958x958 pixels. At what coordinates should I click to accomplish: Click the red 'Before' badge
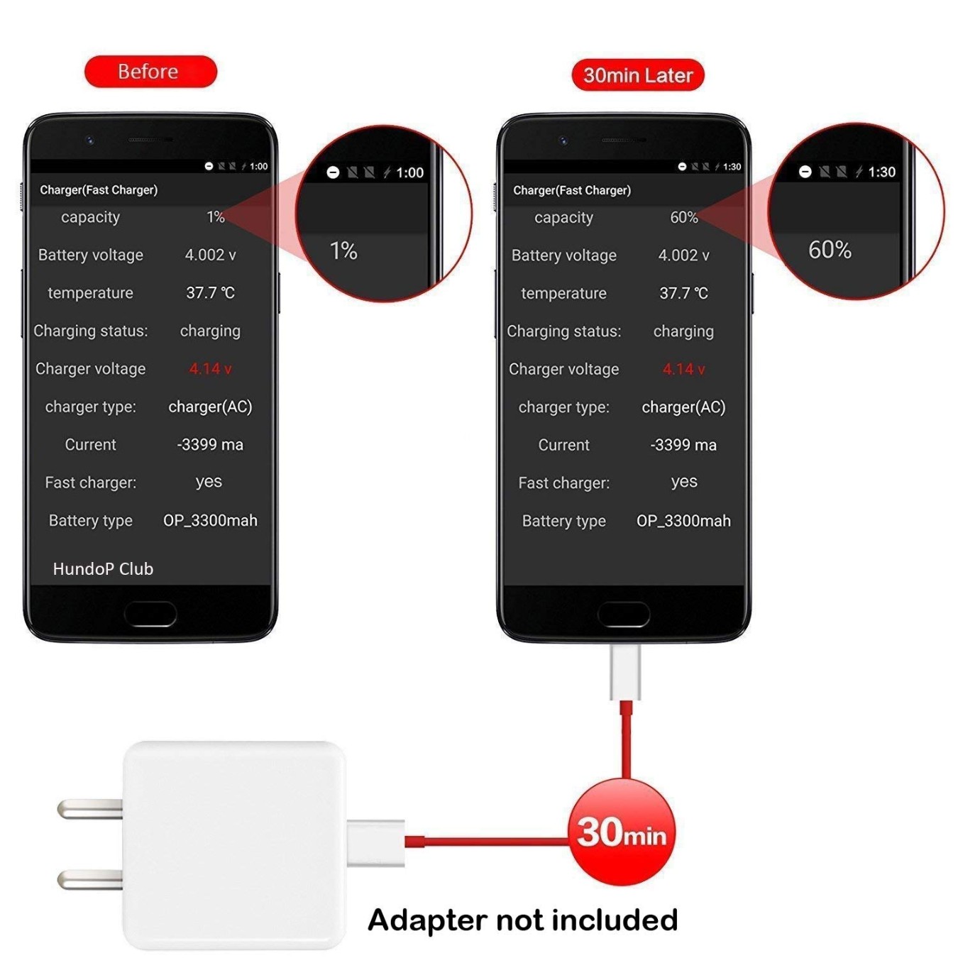(150, 72)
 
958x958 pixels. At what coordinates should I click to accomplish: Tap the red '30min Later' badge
(638, 75)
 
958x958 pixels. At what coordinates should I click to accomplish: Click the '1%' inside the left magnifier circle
(343, 250)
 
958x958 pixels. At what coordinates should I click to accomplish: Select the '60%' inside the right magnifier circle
(830, 250)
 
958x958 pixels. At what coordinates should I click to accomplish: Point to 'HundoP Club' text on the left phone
(103, 568)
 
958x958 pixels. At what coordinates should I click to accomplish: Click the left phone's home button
(150, 614)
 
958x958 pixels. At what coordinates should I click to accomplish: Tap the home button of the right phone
(624, 614)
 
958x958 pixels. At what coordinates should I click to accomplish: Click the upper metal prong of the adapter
(90, 809)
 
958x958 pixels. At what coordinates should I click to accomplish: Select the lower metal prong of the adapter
(90, 879)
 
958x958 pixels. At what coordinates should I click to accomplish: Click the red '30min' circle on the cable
(622, 832)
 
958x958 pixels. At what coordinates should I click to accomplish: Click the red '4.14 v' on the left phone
(210, 369)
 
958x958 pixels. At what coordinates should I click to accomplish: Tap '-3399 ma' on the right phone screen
(683, 445)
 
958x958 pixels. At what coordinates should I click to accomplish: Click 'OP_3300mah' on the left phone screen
(210, 520)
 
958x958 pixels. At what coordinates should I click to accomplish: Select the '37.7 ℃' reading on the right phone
(683, 293)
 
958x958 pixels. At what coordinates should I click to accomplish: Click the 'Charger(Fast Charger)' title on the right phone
(572, 190)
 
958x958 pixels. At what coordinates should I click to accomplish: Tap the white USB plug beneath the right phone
(625, 672)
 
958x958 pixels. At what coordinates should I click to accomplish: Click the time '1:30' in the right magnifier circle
(881, 172)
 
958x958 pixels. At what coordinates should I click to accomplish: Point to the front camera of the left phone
(90, 141)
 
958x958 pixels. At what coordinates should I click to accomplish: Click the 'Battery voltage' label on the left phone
(91, 255)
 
